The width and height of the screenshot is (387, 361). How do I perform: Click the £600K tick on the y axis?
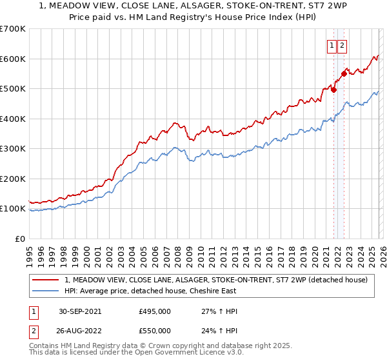13,59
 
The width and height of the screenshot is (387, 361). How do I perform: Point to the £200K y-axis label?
13,179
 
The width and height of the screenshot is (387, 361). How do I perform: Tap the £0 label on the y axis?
19,239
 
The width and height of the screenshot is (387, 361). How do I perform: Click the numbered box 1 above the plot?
332,45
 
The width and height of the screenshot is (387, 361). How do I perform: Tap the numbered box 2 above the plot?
342,45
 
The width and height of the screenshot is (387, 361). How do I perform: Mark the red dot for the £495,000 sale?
333,90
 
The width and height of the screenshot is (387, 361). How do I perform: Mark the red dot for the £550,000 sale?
344,73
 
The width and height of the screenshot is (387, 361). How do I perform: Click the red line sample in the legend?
46,280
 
